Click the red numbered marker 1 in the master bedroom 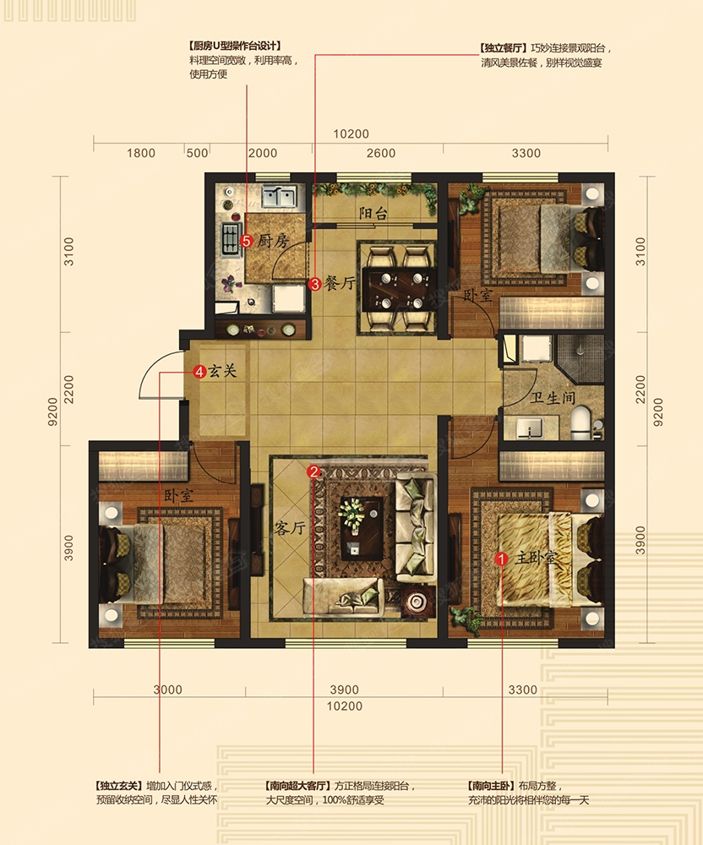501,559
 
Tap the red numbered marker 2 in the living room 313,472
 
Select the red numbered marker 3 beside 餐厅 314,283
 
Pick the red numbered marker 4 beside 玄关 199,371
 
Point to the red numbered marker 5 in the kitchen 246,241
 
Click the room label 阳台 373,214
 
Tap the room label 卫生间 553,398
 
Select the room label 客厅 290,527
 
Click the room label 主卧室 535,558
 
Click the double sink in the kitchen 279,197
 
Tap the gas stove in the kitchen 231,239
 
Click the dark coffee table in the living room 362,529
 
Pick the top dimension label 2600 381,153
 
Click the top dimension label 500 197,153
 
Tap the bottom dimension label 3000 167,690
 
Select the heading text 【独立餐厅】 503,48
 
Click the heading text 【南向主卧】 491,786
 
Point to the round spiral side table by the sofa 417,601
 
